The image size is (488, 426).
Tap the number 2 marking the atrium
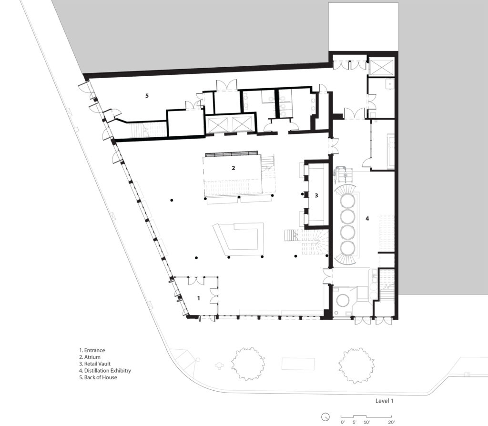pos(233,168)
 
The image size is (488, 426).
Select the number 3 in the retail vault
pos(316,195)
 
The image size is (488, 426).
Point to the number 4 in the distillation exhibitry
pos(367,219)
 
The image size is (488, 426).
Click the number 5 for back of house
pos(147,96)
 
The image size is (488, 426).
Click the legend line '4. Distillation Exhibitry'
pos(107,370)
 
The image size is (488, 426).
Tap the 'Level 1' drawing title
pos(384,401)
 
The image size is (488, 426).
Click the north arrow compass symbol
pos(325,416)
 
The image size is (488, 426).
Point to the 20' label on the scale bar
pos(391,422)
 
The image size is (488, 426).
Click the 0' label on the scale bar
pos(343,422)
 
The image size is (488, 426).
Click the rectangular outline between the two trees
pos(298,364)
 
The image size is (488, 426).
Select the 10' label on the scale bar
pos(366,422)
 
